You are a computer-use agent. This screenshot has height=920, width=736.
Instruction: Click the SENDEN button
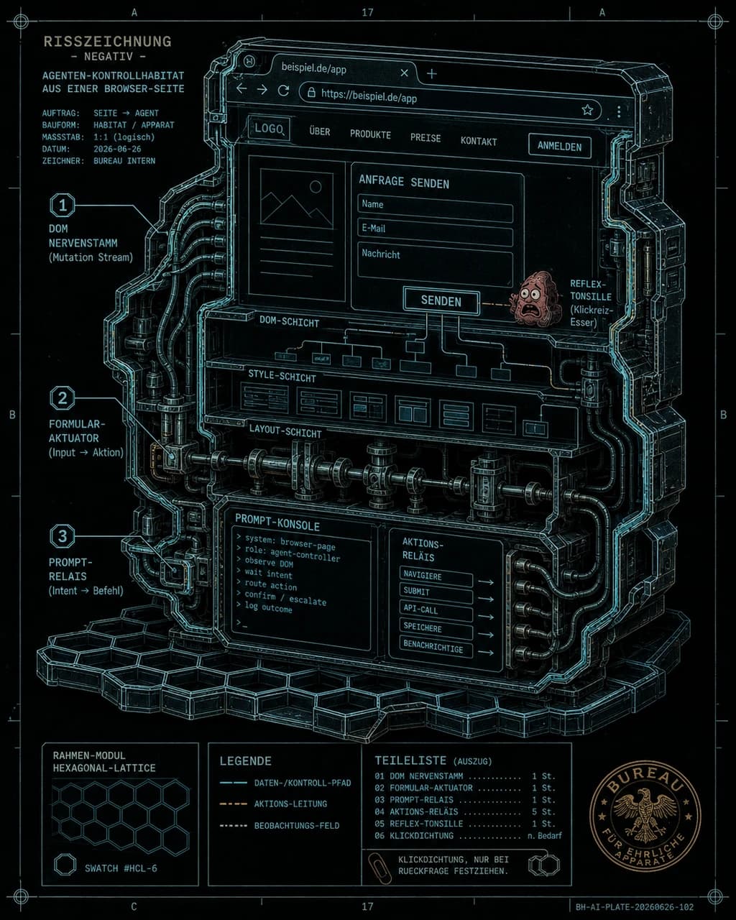coord(441,301)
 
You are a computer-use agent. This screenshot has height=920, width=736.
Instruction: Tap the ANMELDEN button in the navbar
coord(560,146)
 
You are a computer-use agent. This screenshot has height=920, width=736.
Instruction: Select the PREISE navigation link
coord(425,138)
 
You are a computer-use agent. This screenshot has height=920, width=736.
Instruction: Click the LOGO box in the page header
coord(269,128)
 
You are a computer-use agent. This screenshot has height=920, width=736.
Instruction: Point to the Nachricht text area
coord(435,268)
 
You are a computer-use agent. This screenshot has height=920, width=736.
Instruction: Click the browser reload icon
coord(283,91)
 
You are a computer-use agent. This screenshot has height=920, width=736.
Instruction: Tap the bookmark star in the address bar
coord(588,110)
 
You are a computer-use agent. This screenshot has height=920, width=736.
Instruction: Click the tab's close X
coord(404,73)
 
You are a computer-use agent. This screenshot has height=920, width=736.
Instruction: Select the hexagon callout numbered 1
coord(63,206)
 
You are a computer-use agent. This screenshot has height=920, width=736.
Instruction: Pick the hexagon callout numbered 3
coord(63,535)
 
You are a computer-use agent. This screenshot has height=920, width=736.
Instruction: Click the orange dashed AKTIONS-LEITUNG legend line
coord(234,804)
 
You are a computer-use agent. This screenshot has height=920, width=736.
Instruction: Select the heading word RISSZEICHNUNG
coord(108,42)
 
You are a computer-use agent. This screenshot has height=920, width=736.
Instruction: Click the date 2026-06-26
coord(117,149)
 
